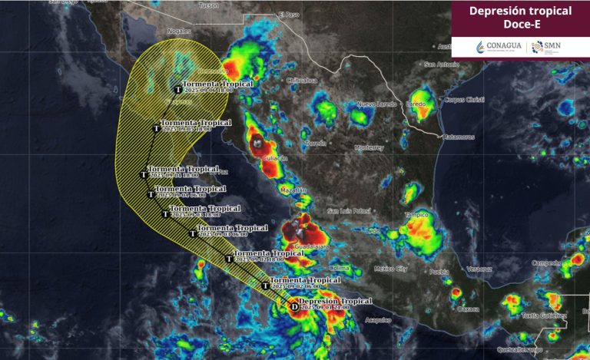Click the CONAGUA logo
[499, 47]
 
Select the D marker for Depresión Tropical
[294, 306]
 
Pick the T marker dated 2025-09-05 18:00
[157, 127]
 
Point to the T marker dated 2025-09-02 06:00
[265, 285]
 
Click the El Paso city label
[289, 14]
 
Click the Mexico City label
[389, 269]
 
